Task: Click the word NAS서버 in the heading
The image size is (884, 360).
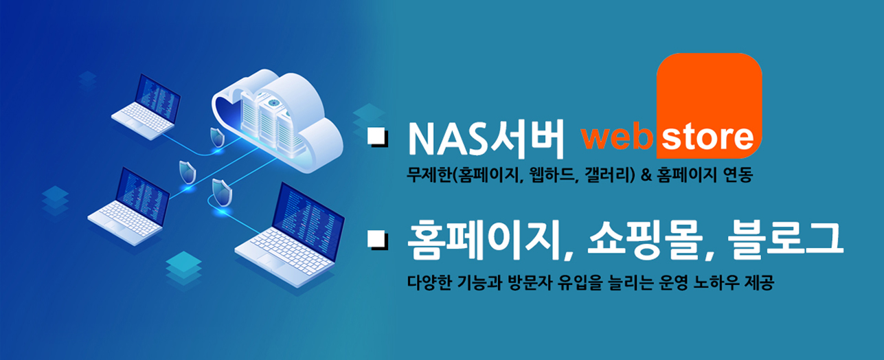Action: (x=486, y=138)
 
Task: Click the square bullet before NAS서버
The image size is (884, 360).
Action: (x=378, y=137)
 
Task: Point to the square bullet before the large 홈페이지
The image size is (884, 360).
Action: (x=378, y=240)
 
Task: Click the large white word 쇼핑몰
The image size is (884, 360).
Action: (x=645, y=239)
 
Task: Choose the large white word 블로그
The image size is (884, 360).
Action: (x=785, y=239)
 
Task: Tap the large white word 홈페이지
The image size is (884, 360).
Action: (x=479, y=240)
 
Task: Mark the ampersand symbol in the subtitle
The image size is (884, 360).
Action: (x=646, y=175)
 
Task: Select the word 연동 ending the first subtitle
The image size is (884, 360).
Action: (x=738, y=175)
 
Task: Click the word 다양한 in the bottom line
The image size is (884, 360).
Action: (x=429, y=282)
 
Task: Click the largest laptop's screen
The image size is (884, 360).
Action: (x=309, y=221)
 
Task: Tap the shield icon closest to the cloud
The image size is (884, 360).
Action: (x=218, y=137)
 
